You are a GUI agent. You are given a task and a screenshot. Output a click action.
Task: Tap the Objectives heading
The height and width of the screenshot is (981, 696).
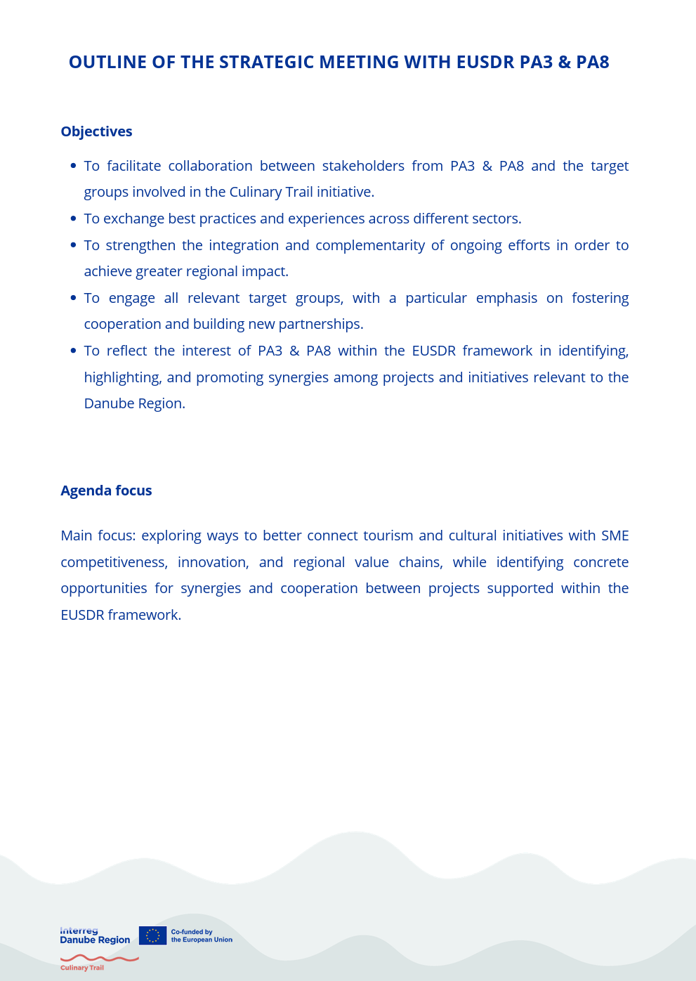tap(96, 131)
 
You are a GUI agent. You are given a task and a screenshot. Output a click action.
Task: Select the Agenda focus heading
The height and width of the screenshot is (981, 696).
tap(106, 490)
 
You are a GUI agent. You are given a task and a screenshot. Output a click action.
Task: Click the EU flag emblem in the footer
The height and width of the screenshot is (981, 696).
tap(152, 935)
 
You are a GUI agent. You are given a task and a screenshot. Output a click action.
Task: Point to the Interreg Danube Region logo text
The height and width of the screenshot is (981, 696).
tap(95, 935)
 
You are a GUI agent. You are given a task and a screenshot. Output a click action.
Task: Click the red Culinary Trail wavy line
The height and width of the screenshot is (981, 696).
tap(99, 958)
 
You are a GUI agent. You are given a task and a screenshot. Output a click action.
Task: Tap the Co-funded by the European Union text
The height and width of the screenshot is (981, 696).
tap(202, 935)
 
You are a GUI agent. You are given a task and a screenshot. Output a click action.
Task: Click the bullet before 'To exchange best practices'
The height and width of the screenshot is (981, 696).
tap(73, 219)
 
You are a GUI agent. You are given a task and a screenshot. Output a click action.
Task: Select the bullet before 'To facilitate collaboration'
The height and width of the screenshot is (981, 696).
tap(73, 166)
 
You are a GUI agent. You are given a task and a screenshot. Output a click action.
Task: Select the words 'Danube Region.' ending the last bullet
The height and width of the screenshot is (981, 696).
tap(134, 403)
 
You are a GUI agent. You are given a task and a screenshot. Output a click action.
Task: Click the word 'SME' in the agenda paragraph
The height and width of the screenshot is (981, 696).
tap(615, 535)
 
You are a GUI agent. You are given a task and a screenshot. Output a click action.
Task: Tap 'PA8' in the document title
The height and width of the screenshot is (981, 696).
tap(592, 63)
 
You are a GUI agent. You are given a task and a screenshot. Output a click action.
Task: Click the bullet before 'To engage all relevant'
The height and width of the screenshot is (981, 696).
tap(73, 298)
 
